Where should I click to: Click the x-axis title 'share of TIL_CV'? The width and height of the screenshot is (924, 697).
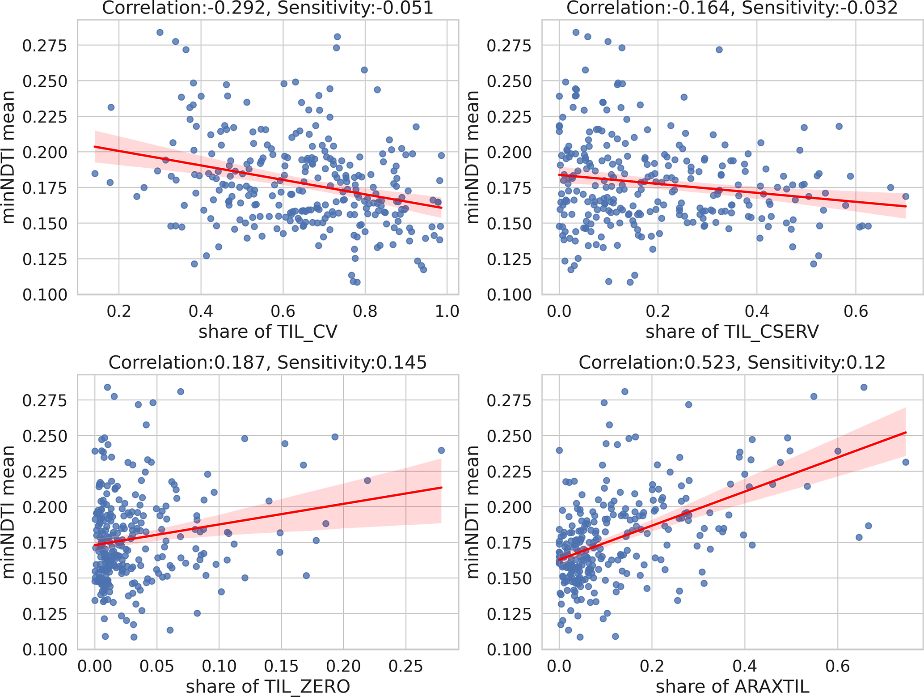point(268,331)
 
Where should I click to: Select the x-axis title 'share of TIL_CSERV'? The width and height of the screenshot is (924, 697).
point(732,331)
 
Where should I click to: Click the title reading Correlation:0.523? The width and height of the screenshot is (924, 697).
point(732,362)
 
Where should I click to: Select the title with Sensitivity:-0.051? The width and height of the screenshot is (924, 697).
point(268,8)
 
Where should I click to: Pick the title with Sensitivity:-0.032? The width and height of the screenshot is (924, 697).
point(732,8)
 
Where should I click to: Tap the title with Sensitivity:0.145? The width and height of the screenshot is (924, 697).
point(268,362)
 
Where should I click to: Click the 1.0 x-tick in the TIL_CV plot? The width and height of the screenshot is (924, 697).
point(447,310)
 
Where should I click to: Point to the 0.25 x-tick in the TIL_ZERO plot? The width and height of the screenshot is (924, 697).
point(405,666)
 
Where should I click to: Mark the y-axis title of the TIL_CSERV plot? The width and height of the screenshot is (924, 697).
point(473,157)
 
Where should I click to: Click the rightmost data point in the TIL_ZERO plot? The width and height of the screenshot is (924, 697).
point(441,450)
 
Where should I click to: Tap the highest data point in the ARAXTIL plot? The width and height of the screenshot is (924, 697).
point(864,387)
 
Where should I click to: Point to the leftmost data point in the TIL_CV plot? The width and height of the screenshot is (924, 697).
point(95,173)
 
